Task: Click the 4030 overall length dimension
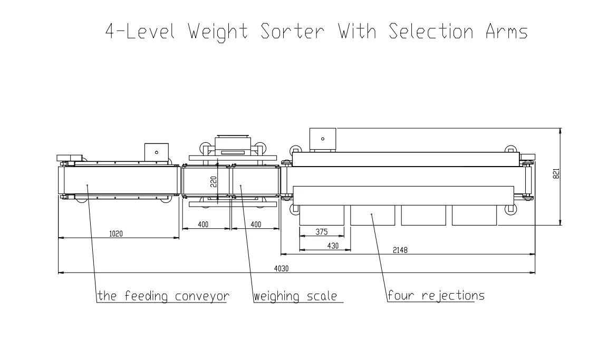coord(281,268)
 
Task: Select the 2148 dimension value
coord(399,250)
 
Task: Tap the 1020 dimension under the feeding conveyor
coord(116,233)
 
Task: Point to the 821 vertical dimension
coord(556,174)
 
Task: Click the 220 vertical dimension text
coord(213,182)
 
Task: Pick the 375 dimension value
coord(321,231)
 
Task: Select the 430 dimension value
coord(333,245)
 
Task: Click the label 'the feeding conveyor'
coord(163,296)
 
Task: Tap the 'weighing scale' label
coord(295,296)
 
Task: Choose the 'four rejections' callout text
coord(436,295)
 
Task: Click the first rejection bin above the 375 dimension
coord(321,215)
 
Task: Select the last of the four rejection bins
coord(474,215)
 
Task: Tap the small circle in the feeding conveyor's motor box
coord(156,152)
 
